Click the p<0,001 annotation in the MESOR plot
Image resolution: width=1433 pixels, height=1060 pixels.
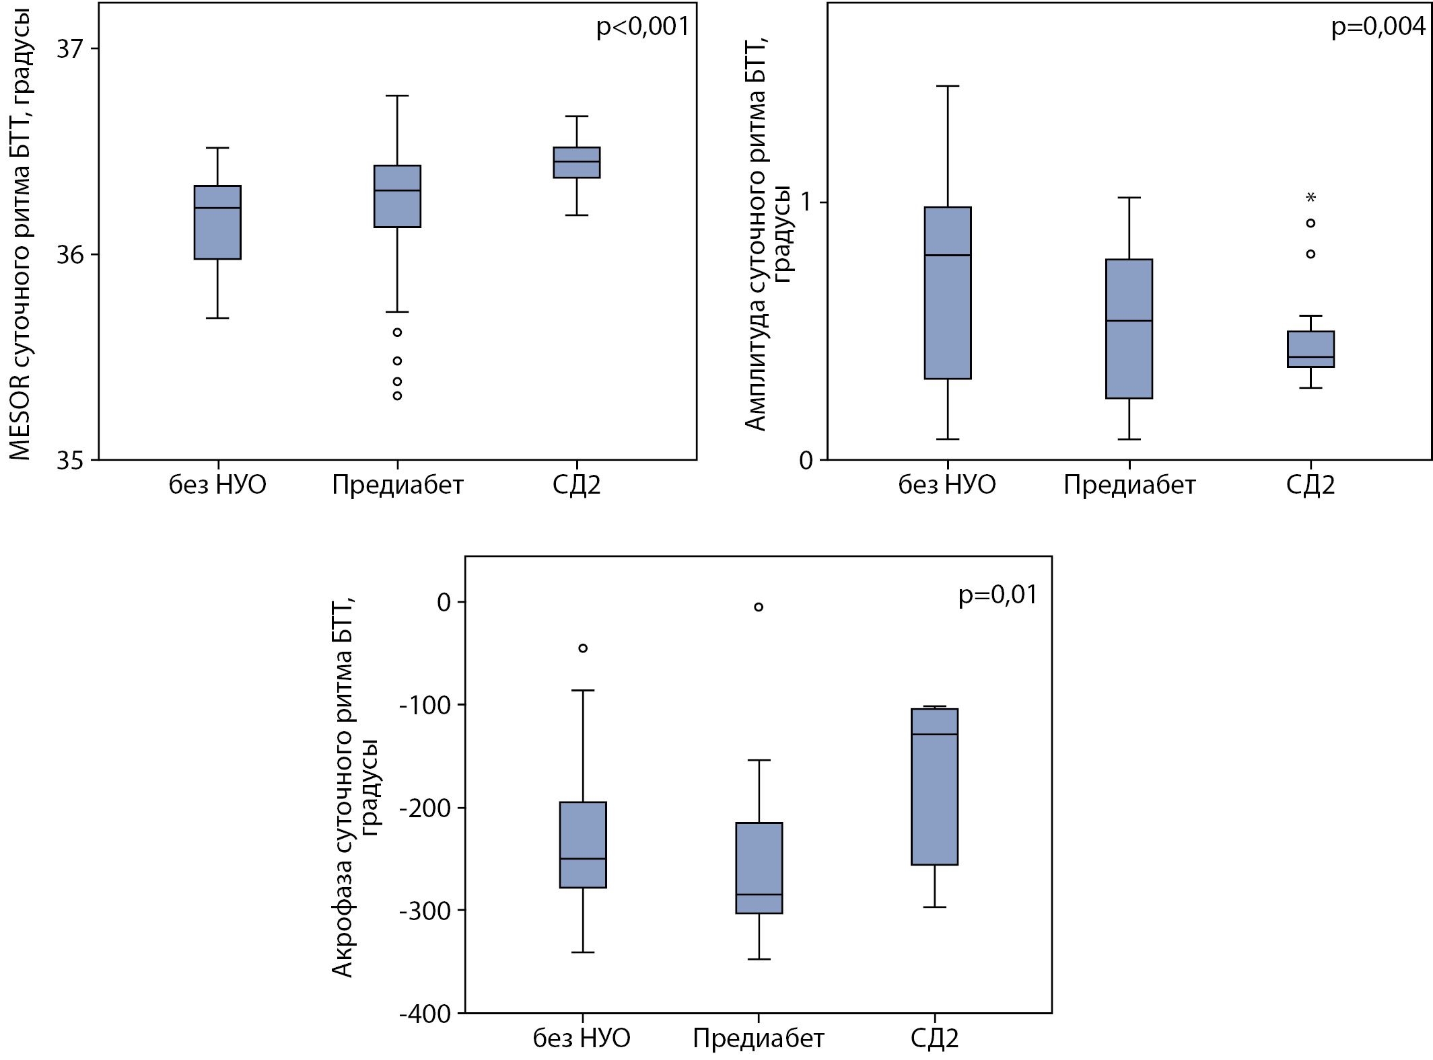643,27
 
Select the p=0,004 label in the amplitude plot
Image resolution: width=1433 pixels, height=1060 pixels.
1378,27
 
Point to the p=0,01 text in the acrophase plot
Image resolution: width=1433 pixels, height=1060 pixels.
998,595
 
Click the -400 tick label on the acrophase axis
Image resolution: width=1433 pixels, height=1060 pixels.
425,1014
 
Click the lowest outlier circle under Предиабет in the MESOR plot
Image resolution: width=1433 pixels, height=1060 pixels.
398,396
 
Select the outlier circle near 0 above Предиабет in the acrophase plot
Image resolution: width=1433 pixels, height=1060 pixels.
759,607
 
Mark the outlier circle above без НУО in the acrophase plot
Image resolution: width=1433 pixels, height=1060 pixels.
583,648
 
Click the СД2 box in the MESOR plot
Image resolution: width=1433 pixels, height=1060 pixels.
577,163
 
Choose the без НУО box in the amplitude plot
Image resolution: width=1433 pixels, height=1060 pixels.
948,293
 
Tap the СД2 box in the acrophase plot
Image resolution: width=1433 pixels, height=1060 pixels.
934,787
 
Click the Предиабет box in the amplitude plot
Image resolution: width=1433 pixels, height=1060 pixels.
1129,329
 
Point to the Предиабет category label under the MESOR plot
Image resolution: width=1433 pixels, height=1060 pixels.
398,485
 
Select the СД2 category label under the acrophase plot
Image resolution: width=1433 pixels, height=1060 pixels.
934,1038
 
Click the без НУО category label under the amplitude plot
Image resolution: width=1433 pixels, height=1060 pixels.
947,485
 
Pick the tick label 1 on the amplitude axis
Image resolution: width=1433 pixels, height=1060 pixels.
806,202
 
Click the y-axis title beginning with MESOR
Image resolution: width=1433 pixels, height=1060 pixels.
20,235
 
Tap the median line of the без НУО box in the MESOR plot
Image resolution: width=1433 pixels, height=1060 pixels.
217,208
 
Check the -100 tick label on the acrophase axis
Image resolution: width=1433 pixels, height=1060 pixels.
425,706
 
